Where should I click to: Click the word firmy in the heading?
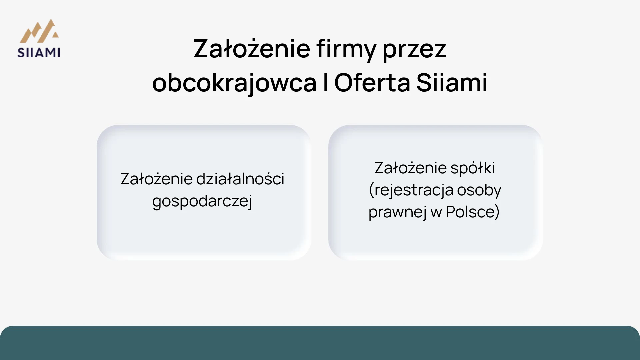pos(346,49)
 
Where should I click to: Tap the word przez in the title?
pos(414,49)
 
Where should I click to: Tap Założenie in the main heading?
pos(252,49)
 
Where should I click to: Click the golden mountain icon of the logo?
pos(39,32)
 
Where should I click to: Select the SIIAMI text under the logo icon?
pos(39,53)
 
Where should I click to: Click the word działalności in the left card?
pos(240,179)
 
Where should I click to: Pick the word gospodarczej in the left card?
pos(202,201)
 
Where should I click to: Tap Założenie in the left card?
pos(156,179)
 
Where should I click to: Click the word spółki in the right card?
pos(473,168)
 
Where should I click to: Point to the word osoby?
pos(479,190)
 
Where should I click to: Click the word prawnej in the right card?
pos(397,212)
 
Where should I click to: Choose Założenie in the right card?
pos(410,168)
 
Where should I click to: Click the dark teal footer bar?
pos(320,343)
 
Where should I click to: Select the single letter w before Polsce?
pos(436,212)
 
